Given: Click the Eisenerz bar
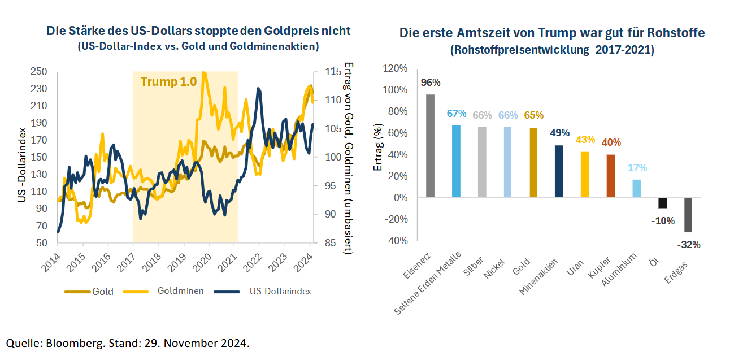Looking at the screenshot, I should click(430, 146).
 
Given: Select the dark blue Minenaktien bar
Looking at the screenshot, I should click(559, 171).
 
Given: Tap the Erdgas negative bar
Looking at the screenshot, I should click(688, 215).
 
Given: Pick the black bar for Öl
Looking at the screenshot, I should click(662, 203).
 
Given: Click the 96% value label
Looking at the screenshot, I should click(431, 83).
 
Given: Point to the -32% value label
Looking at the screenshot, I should click(689, 245).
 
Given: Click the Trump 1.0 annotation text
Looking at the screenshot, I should click(168, 81).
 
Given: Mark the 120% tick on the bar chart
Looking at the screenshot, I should click(396, 69).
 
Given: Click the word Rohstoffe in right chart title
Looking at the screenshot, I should click(675, 33).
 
